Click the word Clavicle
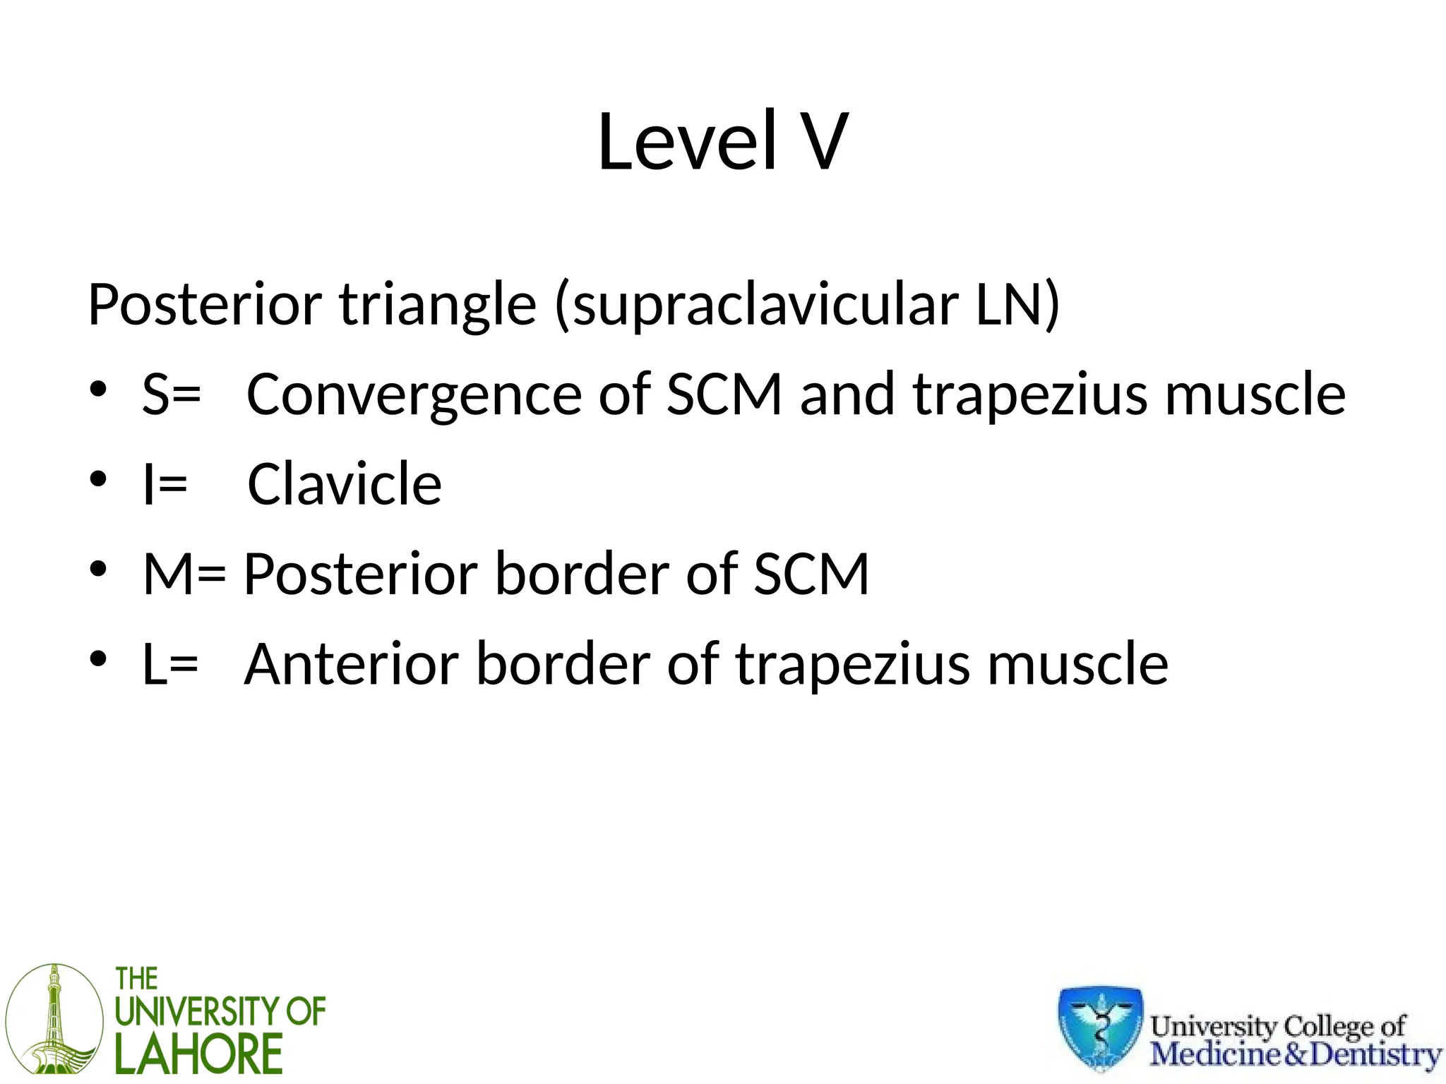pos(345,484)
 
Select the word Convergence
pos(413,395)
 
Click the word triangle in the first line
pos(438,305)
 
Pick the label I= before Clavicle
pos(165,484)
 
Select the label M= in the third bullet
pos(184,574)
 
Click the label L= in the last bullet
pos(169,664)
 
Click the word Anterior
pos(350,664)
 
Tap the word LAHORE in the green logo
pos(198,1054)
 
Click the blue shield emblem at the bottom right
pos(1100,1028)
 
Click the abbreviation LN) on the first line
pos(1017,305)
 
